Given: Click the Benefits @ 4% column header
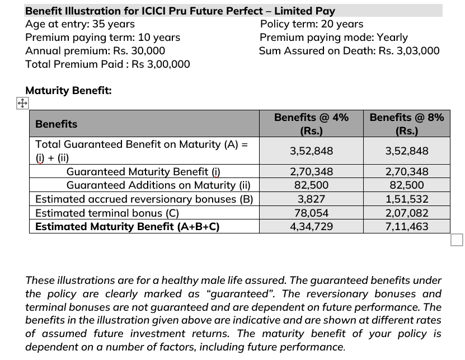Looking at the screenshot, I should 311,124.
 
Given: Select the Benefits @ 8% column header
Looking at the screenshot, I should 406,124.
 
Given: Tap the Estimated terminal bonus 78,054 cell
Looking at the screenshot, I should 311,213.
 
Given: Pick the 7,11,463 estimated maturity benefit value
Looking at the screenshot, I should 406,226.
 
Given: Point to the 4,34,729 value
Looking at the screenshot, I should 311,226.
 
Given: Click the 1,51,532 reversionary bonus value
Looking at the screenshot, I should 406,199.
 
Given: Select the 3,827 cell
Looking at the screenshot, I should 311,199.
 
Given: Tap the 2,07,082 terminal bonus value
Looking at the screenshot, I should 406,213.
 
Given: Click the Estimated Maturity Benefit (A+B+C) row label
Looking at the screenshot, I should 127,226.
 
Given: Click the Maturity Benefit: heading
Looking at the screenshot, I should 68,90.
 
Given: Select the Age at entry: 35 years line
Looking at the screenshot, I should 80,24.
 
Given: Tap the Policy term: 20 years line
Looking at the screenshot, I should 312,24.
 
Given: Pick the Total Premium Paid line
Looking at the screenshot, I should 107,64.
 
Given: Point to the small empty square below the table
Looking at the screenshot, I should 457,240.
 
